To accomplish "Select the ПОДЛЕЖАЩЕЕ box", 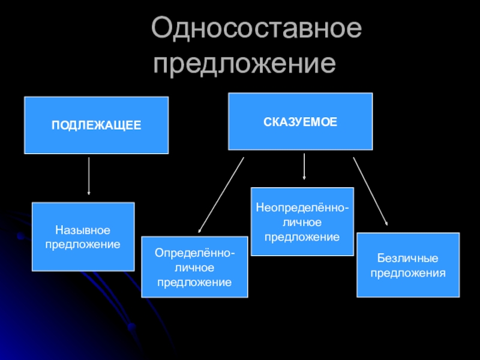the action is click(96, 125).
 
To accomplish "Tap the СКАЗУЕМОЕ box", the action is click(300, 121).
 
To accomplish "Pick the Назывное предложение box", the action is click(83, 236).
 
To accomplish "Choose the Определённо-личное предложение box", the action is click(194, 266).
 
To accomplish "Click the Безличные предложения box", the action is click(408, 265).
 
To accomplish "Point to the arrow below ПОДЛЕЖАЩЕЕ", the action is click(89, 176).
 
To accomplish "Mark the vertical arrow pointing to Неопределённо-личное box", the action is click(304, 167).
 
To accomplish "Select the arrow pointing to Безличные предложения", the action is click(370, 191).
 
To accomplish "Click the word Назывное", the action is click(83, 230).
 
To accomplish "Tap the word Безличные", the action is click(408, 259).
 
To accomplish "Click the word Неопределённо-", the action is click(302, 208).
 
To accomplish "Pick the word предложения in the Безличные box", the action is click(408, 273).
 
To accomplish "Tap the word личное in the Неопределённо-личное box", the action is click(302, 222).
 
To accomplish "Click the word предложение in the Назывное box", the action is click(83, 244).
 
